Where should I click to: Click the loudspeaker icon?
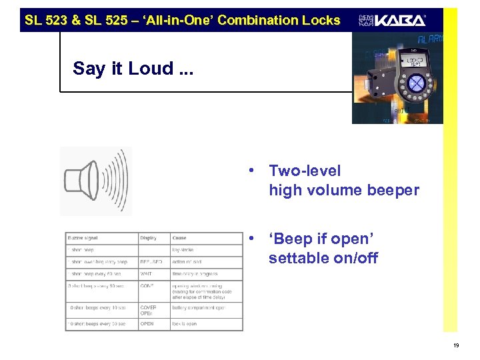95,180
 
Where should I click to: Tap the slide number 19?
455,345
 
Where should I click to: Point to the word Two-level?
305,171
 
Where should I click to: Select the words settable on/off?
323,258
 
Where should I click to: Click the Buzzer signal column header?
83,238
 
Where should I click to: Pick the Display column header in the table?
149,238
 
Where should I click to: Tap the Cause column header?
179,238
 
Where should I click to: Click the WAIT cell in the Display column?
147,274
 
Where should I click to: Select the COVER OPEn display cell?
149,310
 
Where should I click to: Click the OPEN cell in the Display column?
147,324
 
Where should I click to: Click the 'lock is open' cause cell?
185,324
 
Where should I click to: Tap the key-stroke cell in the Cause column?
183,250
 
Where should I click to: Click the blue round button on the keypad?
415,83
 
